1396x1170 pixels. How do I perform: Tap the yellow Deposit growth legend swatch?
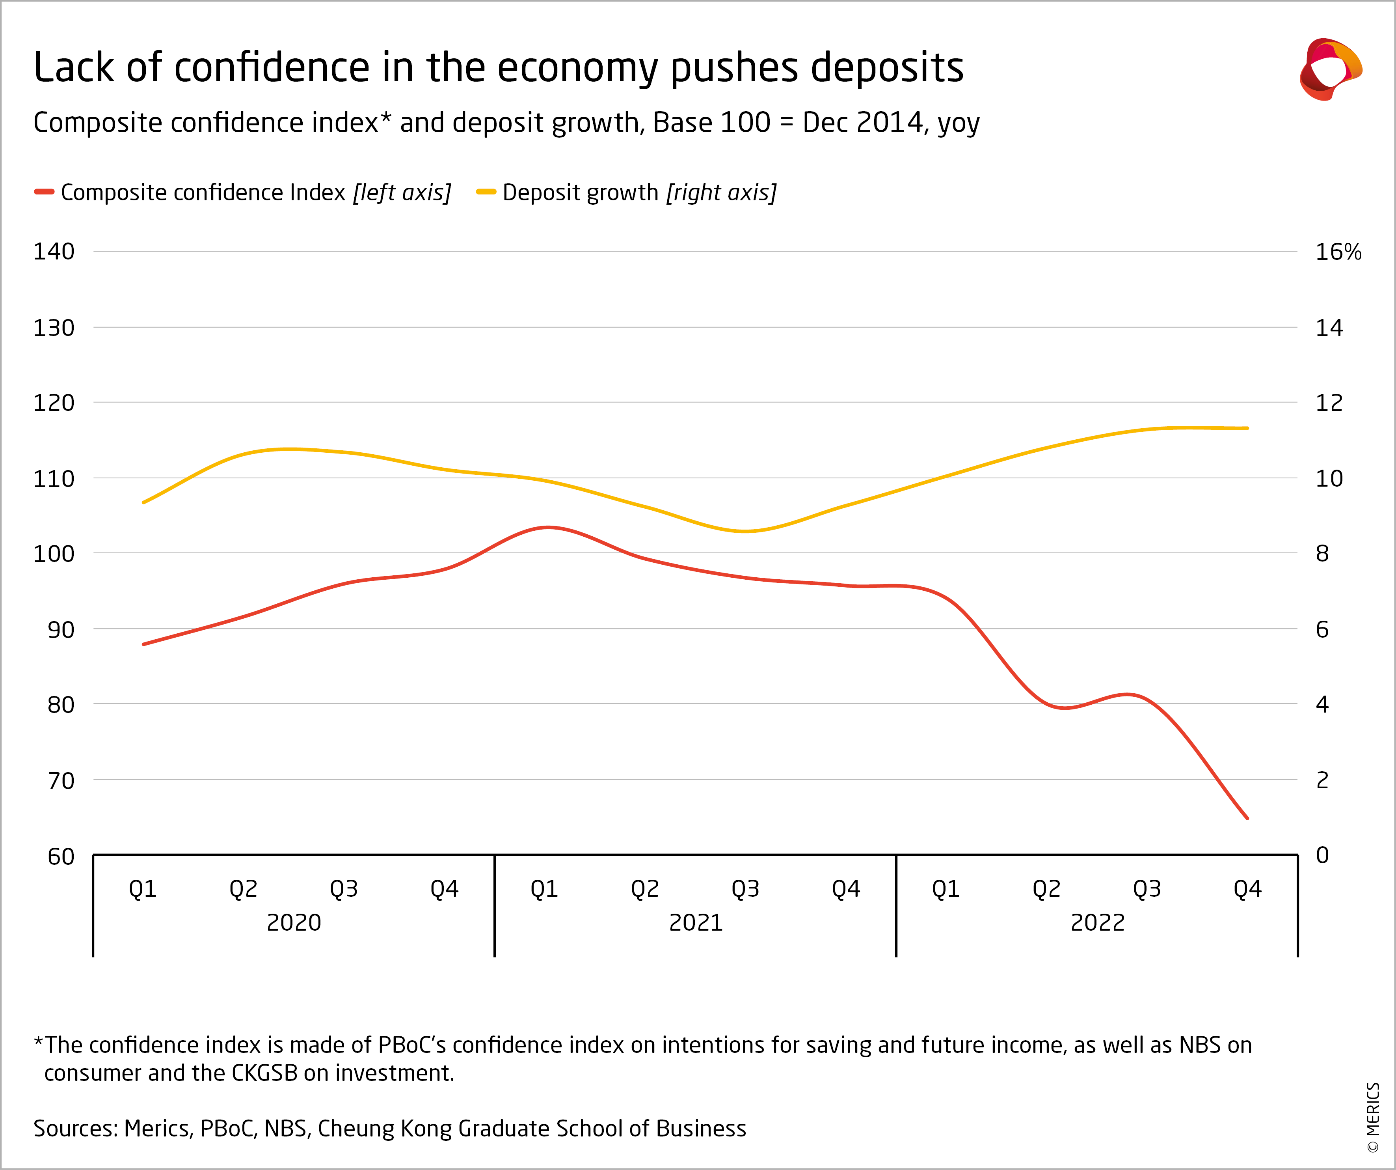point(486,192)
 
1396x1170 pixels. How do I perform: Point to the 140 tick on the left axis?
point(54,252)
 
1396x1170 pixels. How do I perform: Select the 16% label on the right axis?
point(1338,252)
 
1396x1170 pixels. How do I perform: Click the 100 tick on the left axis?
point(54,553)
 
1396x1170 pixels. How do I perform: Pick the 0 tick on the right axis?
point(1322,855)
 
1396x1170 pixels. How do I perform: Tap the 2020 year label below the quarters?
point(294,923)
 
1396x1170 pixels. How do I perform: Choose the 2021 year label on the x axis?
point(695,923)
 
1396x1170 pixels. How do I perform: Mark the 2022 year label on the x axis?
point(1098,923)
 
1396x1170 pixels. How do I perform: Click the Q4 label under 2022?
point(1247,889)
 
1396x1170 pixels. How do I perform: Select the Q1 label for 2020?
point(143,889)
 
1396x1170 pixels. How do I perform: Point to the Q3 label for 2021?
point(745,889)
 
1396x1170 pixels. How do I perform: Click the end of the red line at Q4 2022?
point(1247,818)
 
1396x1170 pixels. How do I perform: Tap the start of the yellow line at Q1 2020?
point(143,502)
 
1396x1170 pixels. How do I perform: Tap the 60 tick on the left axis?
point(60,856)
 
